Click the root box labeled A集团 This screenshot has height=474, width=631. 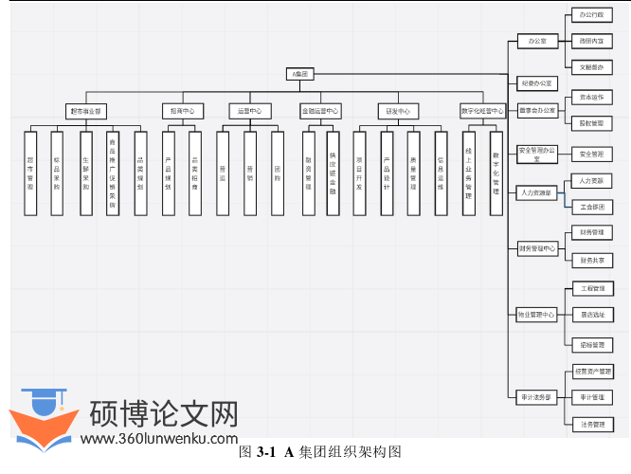(x=300, y=73)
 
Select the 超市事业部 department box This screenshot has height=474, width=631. (x=86, y=111)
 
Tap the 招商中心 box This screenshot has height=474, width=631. (x=182, y=111)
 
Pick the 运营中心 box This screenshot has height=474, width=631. (x=250, y=111)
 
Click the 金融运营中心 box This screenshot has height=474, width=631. (x=319, y=111)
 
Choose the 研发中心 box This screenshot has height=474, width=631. (x=397, y=111)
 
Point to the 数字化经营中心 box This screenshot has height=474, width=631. (x=482, y=111)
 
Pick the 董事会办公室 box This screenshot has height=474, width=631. (x=537, y=110)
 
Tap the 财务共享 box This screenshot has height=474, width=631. (x=592, y=260)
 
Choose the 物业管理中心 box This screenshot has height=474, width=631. (x=537, y=314)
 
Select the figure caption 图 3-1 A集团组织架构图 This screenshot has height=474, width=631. (x=320, y=452)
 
